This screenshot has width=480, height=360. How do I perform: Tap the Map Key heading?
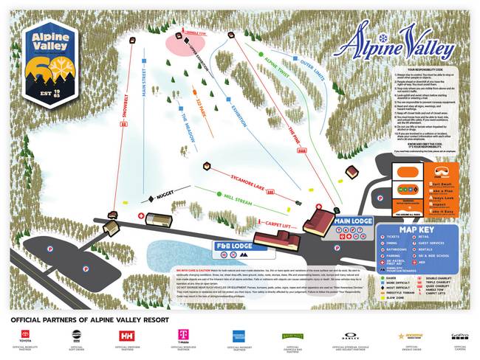[x=403, y=229]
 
